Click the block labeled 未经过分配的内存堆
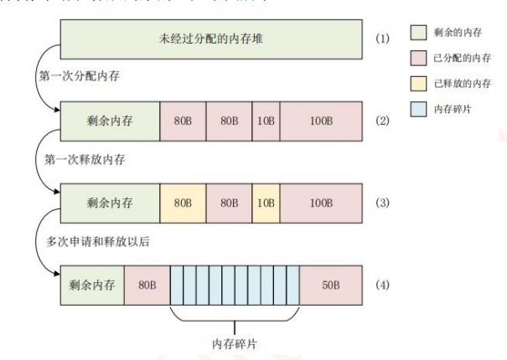tap(210, 39)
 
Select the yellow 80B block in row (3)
tap(182, 204)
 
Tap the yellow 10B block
tap(266, 204)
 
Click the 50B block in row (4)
tap(330, 285)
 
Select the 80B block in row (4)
tap(147, 285)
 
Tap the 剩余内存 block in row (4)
tap(92, 285)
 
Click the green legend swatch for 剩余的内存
tap(419, 35)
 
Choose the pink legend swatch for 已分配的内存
tap(419, 60)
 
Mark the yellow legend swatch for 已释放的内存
tap(419, 85)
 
